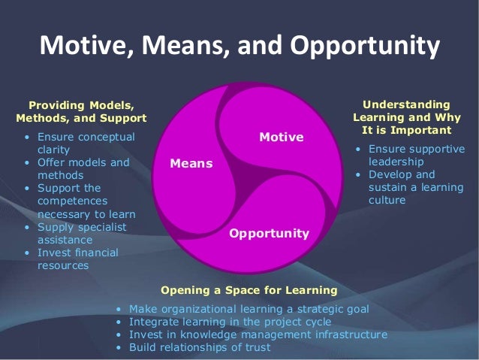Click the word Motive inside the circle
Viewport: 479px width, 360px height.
(x=281, y=137)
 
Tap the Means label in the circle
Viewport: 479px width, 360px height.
(x=191, y=163)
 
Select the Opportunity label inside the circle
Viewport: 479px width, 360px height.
(x=269, y=233)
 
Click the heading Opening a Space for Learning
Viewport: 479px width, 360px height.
(x=249, y=289)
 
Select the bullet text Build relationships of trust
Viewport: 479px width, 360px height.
(x=200, y=347)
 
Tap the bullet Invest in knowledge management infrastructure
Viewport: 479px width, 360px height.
(x=258, y=334)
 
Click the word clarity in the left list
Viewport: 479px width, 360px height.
(x=53, y=150)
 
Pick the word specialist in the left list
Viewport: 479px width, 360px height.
(x=100, y=226)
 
